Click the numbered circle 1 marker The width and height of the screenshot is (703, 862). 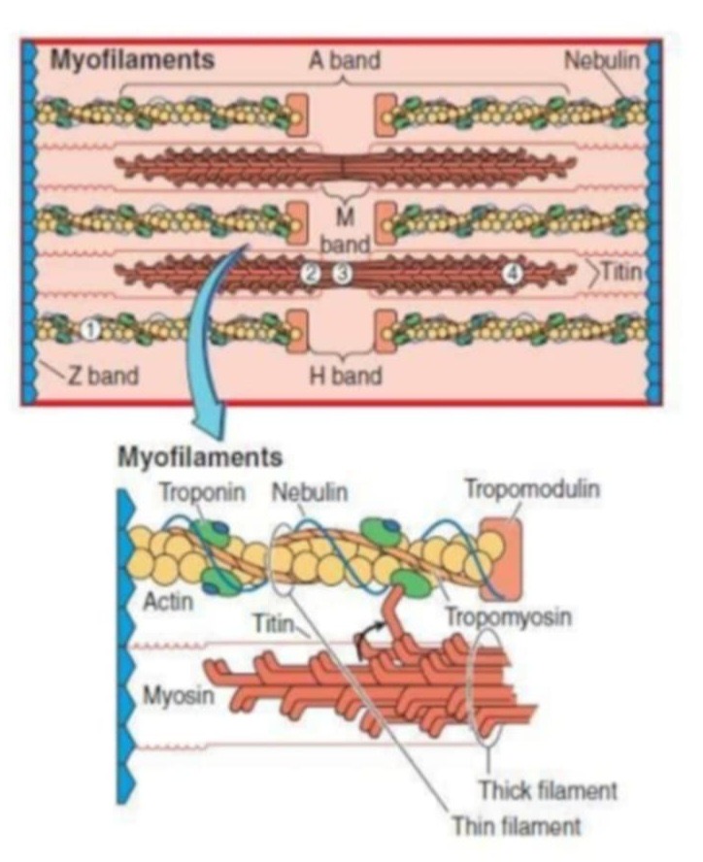[x=88, y=331]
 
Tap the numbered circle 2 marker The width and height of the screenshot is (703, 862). [x=310, y=275]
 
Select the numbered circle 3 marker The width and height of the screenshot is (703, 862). [x=341, y=275]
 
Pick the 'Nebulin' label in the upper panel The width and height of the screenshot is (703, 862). [x=603, y=60]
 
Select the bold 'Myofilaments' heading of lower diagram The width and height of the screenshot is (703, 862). [x=199, y=455]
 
